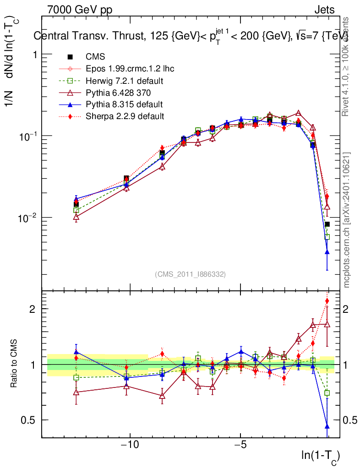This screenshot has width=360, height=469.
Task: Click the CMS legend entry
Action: (x=95, y=57)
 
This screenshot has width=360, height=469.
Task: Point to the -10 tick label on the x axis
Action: (x=130, y=445)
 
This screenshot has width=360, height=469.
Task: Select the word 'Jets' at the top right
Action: (x=324, y=10)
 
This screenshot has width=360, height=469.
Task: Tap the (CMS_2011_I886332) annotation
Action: (x=190, y=274)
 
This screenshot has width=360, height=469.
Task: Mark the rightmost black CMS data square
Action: (x=327, y=224)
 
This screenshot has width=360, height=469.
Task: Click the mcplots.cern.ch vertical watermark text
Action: (x=347, y=220)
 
